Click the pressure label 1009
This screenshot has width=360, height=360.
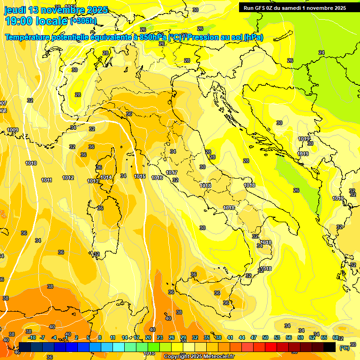(13, 130)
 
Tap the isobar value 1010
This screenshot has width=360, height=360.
(31, 163)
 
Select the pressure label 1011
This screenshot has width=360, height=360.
(46, 180)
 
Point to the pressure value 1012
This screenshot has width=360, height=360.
(68, 178)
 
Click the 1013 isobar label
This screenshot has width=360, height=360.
(93, 181)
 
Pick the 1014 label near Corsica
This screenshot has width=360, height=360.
(106, 177)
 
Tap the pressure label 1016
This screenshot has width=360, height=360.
(157, 178)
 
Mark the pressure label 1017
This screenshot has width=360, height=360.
(172, 172)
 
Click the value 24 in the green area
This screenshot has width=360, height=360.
(321, 52)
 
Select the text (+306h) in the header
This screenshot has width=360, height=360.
(83, 21)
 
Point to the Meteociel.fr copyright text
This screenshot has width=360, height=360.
(199, 356)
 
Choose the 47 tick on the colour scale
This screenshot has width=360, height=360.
(254, 337)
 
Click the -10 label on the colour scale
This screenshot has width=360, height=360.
(32, 337)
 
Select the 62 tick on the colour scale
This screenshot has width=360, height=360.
(312, 337)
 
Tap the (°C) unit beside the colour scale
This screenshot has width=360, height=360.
(344, 348)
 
